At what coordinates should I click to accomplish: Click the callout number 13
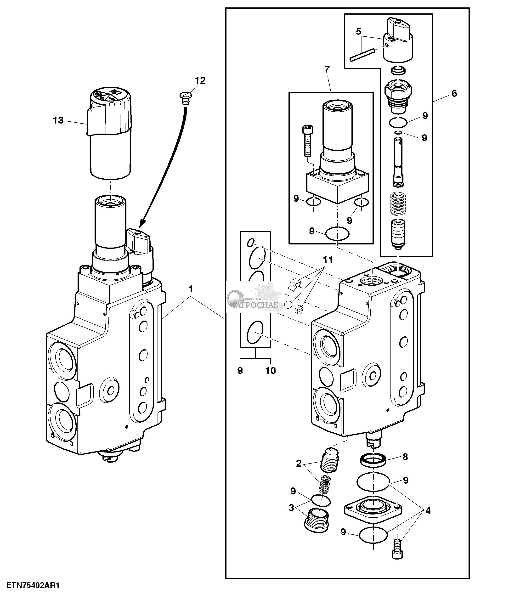(58, 120)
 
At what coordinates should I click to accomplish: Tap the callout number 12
(200, 81)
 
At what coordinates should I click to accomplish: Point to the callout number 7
(327, 69)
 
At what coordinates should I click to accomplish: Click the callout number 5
(359, 32)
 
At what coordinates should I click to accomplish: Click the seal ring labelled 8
(373, 461)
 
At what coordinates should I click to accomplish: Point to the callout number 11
(328, 260)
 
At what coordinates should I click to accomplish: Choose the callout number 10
(271, 371)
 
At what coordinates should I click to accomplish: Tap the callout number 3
(291, 508)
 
